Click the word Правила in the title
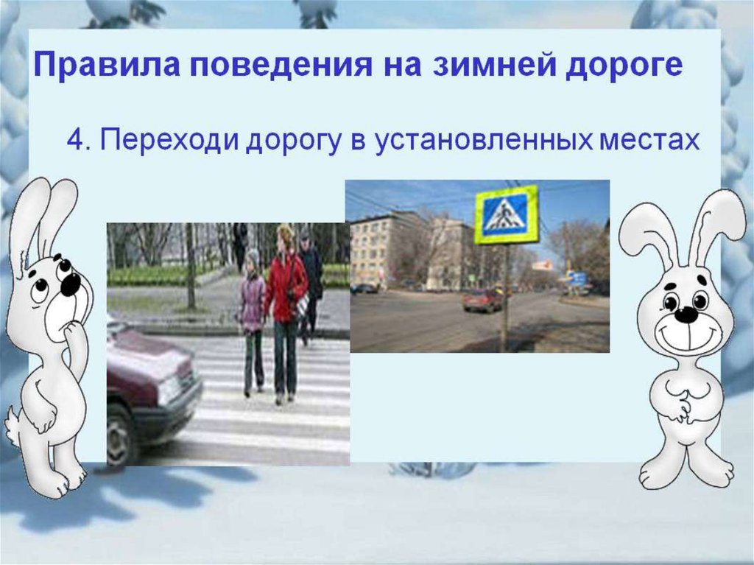point(107,64)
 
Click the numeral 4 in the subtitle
point(76,139)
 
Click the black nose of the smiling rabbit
point(686,315)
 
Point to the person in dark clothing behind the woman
point(312,284)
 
